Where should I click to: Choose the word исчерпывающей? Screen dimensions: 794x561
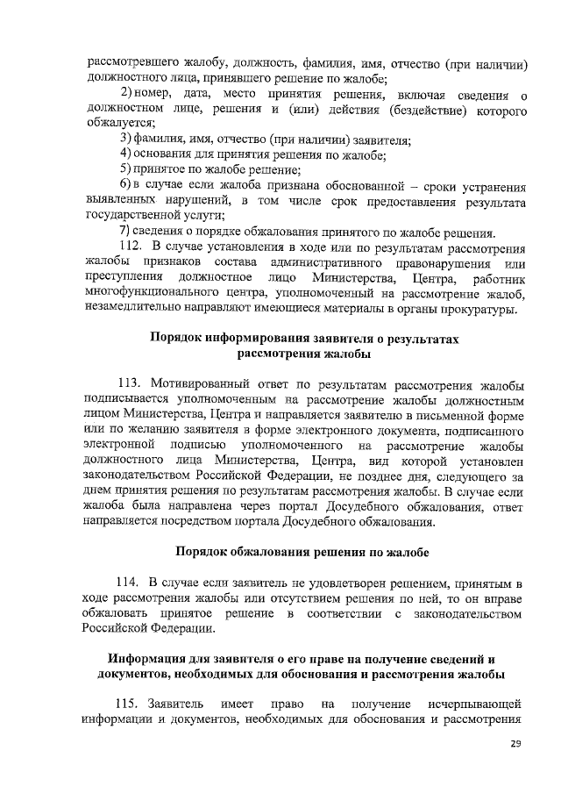[476, 704]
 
